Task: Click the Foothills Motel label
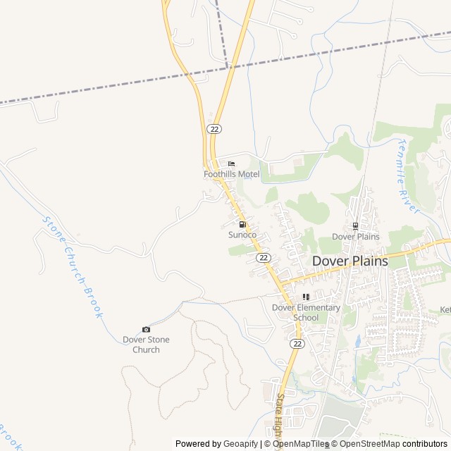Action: (x=231, y=174)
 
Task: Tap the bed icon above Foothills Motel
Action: (x=231, y=164)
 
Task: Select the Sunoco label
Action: (x=242, y=235)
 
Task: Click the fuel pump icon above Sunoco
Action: (x=242, y=225)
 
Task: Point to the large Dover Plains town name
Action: (x=350, y=261)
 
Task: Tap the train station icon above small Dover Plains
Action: (x=355, y=226)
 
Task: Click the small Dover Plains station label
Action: (x=355, y=237)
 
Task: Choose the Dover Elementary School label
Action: (x=306, y=312)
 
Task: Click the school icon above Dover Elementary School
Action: (x=306, y=297)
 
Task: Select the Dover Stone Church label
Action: (x=146, y=345)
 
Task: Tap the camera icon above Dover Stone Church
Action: (x=146, y=330)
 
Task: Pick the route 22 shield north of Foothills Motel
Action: (x=214, y=128)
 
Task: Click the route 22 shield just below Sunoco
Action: (x=263, y=258)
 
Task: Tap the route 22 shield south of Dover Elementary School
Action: (x=297, y=343)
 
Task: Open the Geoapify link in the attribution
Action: (x=240, y=444)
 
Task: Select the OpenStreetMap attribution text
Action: (x=366, y=444)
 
